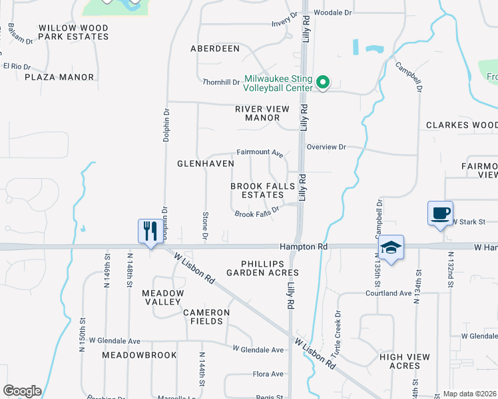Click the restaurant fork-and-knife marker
pyautogui.click(x=148, y=231)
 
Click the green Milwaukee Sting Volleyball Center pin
pyautogui.click(x=323, y=83)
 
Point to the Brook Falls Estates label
pyautogui.click(x=257, y=191)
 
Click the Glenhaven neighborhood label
pyautogui.click(x=205, y=163)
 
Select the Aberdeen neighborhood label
pyautogui.click(x=214, y=49)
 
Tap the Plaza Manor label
pyautogui.click(x=59, y=77)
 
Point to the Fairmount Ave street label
pyautogui.click(x=260, y=152)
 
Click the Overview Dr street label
pyautogui.click(x=327, y=146)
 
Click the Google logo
pyautogui.click(x=22, y=391)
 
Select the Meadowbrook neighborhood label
pyautogui.click(x=139, y=355)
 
